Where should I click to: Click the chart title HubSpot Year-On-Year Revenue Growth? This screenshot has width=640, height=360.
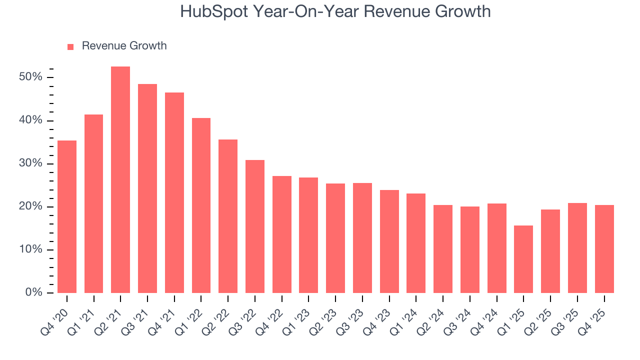335,11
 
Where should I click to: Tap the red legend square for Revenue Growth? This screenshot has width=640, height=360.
70,46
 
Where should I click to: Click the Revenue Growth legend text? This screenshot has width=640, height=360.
124,46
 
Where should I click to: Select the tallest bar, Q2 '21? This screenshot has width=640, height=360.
120,180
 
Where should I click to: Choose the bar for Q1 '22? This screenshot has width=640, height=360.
201,205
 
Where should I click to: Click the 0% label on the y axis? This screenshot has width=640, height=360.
33,292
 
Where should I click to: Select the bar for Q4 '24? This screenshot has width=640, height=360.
496,248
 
